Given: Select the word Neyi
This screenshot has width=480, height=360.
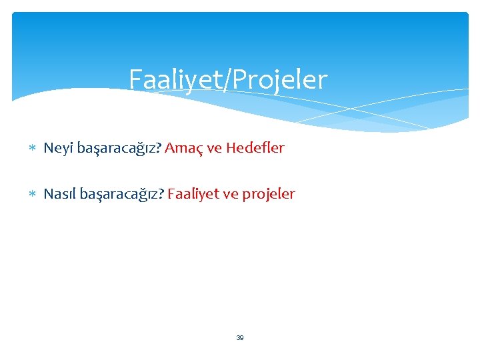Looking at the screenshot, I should click(58, 148).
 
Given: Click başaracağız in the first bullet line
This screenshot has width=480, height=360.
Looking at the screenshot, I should click(117, 149).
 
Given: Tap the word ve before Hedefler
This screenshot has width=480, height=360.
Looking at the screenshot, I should click(215, 148).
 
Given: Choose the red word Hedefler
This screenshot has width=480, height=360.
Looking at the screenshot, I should click(255, 148).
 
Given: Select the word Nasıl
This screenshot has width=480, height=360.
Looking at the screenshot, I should click(60, 194).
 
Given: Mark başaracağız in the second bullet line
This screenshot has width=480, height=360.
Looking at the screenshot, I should click(121, 195).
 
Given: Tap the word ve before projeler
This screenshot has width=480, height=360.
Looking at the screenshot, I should click(230, 194).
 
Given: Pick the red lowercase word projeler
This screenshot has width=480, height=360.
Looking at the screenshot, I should click(268, 195).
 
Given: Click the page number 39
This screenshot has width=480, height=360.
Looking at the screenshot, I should click(240, 338).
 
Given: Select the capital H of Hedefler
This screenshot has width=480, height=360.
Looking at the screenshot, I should click(231, 148).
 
